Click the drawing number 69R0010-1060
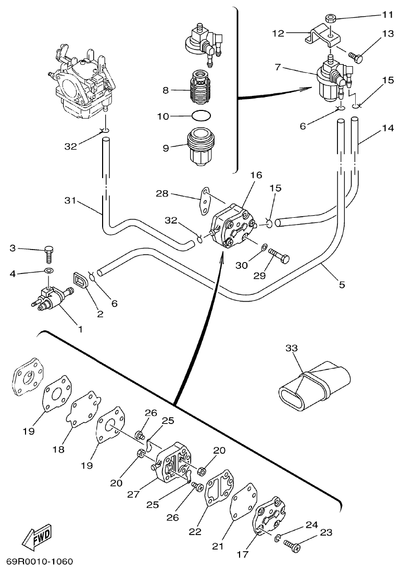tap(40, 562)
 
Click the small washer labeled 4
tap(49, 271)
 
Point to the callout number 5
tap(342, 284)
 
